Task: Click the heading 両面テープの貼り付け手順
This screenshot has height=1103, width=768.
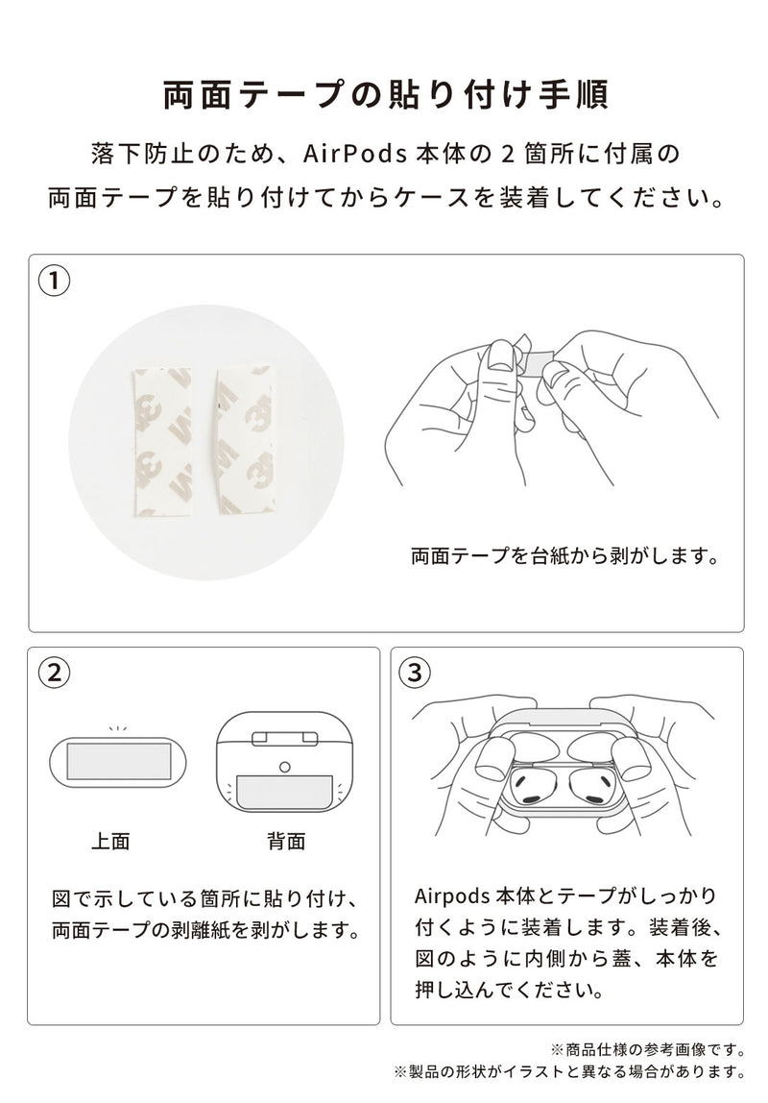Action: point(384,97)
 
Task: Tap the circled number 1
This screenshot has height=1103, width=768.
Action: point(56,282)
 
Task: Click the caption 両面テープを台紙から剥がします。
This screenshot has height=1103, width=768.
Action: point(564,556)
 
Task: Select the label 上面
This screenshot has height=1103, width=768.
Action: point(110,842)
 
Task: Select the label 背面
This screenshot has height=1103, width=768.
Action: point(285,842)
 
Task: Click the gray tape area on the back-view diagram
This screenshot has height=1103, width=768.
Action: point(285,792)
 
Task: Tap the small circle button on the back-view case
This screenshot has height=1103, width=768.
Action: point(285,766)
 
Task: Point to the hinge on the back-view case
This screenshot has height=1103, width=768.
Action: point(285,738)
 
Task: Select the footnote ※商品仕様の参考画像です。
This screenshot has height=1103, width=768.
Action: point(647,1048)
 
